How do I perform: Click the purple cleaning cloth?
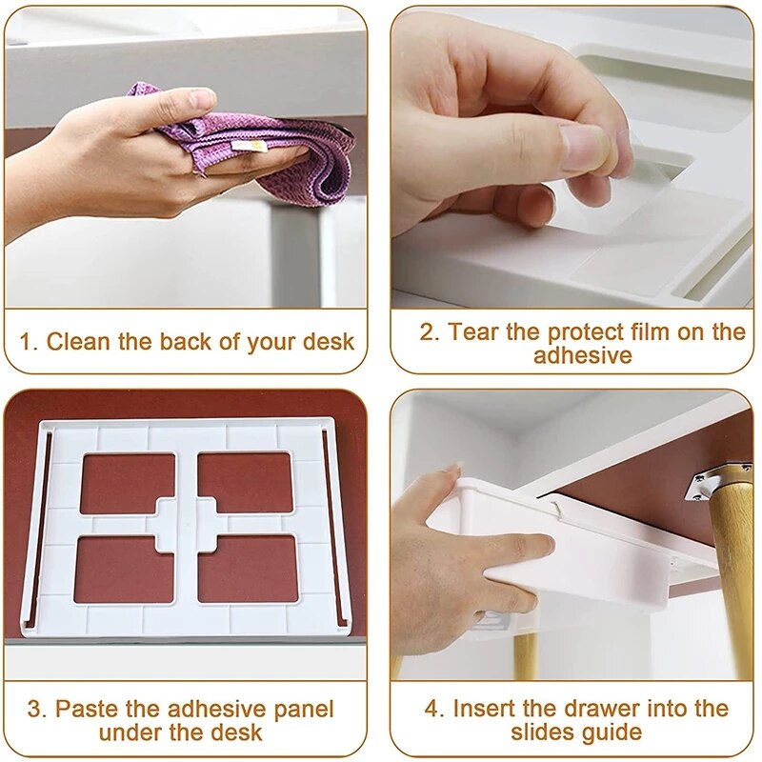coord(286,152)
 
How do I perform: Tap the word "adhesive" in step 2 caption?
coord(582,356)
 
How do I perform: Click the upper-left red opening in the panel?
coord(128,483)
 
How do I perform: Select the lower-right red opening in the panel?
coord(248,569)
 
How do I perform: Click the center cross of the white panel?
coord(187,526)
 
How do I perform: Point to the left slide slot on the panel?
coord(45,524)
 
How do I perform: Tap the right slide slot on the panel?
coord(328,524)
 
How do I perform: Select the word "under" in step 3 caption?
coord(128,732)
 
